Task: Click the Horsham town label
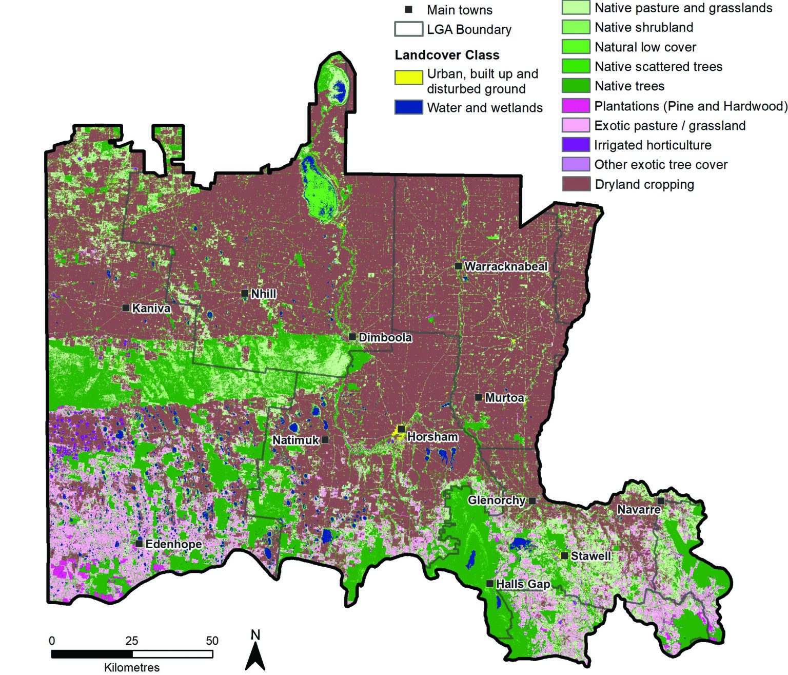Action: [x=432, y=437]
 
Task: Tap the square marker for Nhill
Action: [x=245, y=294]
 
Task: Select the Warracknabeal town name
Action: [x=506, y=266]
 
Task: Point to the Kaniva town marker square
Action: [x=126, y=308]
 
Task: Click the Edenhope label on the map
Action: [x=173, y=544]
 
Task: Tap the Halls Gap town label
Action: [x=523, y=584]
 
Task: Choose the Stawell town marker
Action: [x=564, y=556]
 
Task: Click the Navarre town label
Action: [x=639, y=510]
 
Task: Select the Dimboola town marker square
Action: [x=352, y=337]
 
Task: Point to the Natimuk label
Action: [x=295, y=440]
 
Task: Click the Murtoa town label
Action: [x=504, y=398]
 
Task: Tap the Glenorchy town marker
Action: [x=533, y=500]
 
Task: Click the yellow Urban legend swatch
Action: [x=408, y=78]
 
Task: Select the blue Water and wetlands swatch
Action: [x=408, y=107]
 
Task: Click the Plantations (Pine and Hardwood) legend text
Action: [x=691, y=106]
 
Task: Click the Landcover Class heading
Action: [x=447, y=55]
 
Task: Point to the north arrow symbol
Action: [x=255, y=652]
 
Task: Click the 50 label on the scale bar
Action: [x=212, y=641]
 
